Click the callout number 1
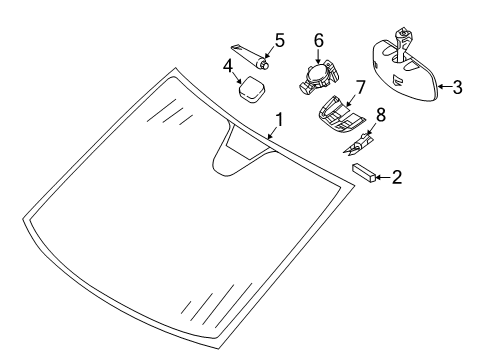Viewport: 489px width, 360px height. click(279, 120)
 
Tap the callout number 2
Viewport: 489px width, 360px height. click(397, 177)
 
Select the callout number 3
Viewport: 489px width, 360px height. click(458, 87)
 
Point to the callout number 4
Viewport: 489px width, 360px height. click(228, 66)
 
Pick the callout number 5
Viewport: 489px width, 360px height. click(280, 40)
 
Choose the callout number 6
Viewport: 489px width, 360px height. click(319, 40)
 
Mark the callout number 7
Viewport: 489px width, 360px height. click(360, 87)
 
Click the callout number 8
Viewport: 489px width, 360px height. click(381, 114)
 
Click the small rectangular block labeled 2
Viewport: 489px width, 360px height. click(364, 173)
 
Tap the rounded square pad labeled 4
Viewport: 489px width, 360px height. click(252, 89)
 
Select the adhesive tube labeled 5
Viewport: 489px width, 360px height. click(250, 56)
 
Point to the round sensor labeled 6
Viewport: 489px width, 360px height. click(319, 77)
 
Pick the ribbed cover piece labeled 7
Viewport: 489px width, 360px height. click(340, 115)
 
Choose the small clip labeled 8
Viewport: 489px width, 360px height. click(357, 144)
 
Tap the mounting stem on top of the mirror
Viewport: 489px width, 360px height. click(403, 43)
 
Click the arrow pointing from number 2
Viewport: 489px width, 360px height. click(383, 177)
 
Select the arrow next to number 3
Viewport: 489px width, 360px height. click(445, 87)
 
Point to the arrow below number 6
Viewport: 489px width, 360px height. click(319, 56)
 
